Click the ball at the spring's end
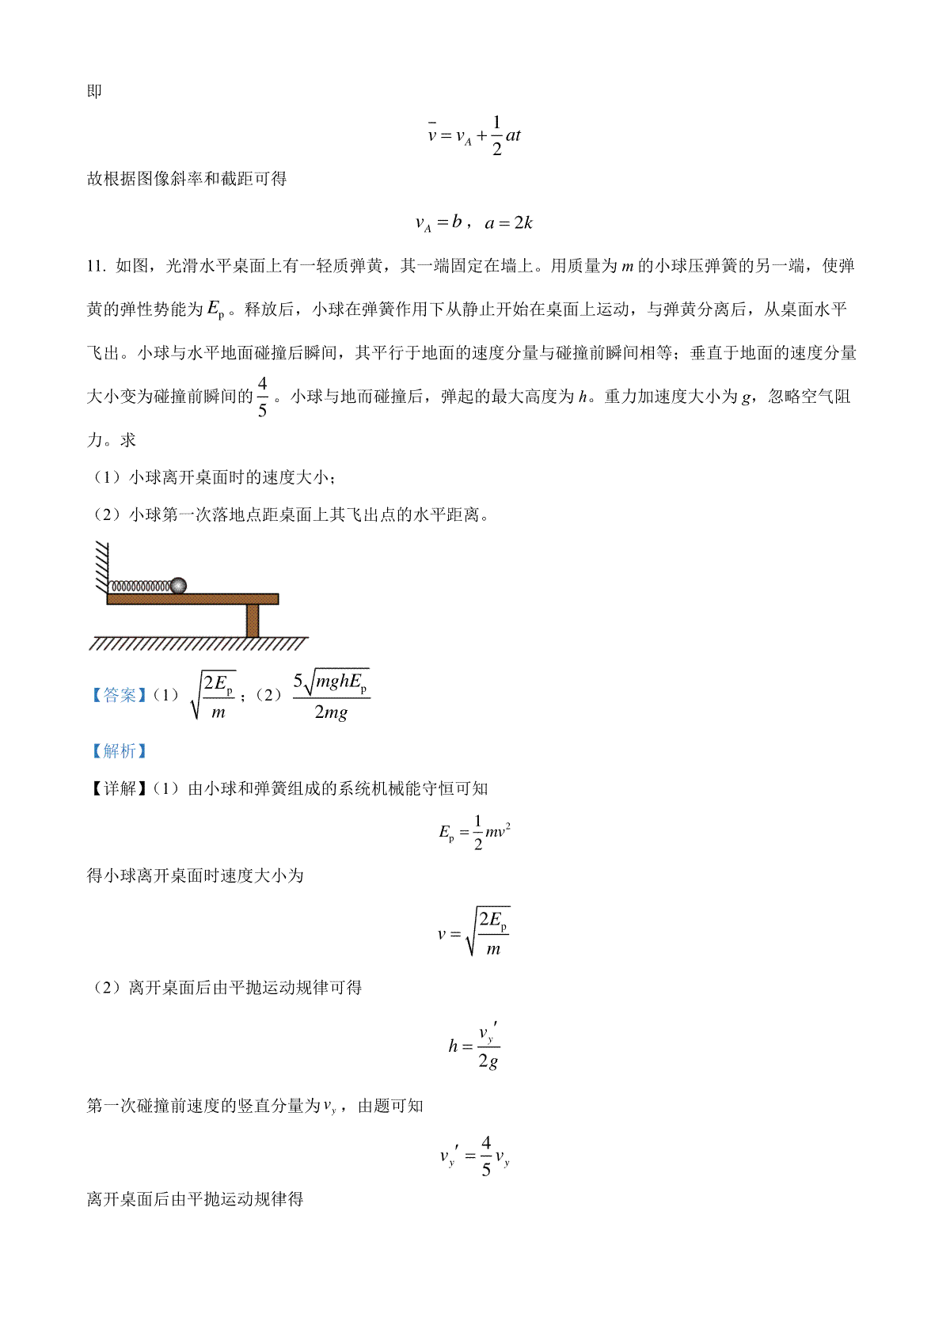click(178, 586)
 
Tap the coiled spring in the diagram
click(139, 587)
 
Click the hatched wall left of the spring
click(101, 565)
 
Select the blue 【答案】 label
click(119, 695)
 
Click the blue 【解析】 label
click(119, 750)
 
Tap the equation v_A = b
click(439, 223)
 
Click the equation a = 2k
click(509, 223)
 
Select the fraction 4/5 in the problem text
click(262, 397)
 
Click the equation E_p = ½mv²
click(474, 832)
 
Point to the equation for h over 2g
click(474, 1046)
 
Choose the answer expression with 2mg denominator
click(331, 696)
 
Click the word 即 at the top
click(94, 92)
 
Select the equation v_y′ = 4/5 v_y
click(474, 1156)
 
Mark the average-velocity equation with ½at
click(474, 135)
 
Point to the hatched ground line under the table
click(198, 644)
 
